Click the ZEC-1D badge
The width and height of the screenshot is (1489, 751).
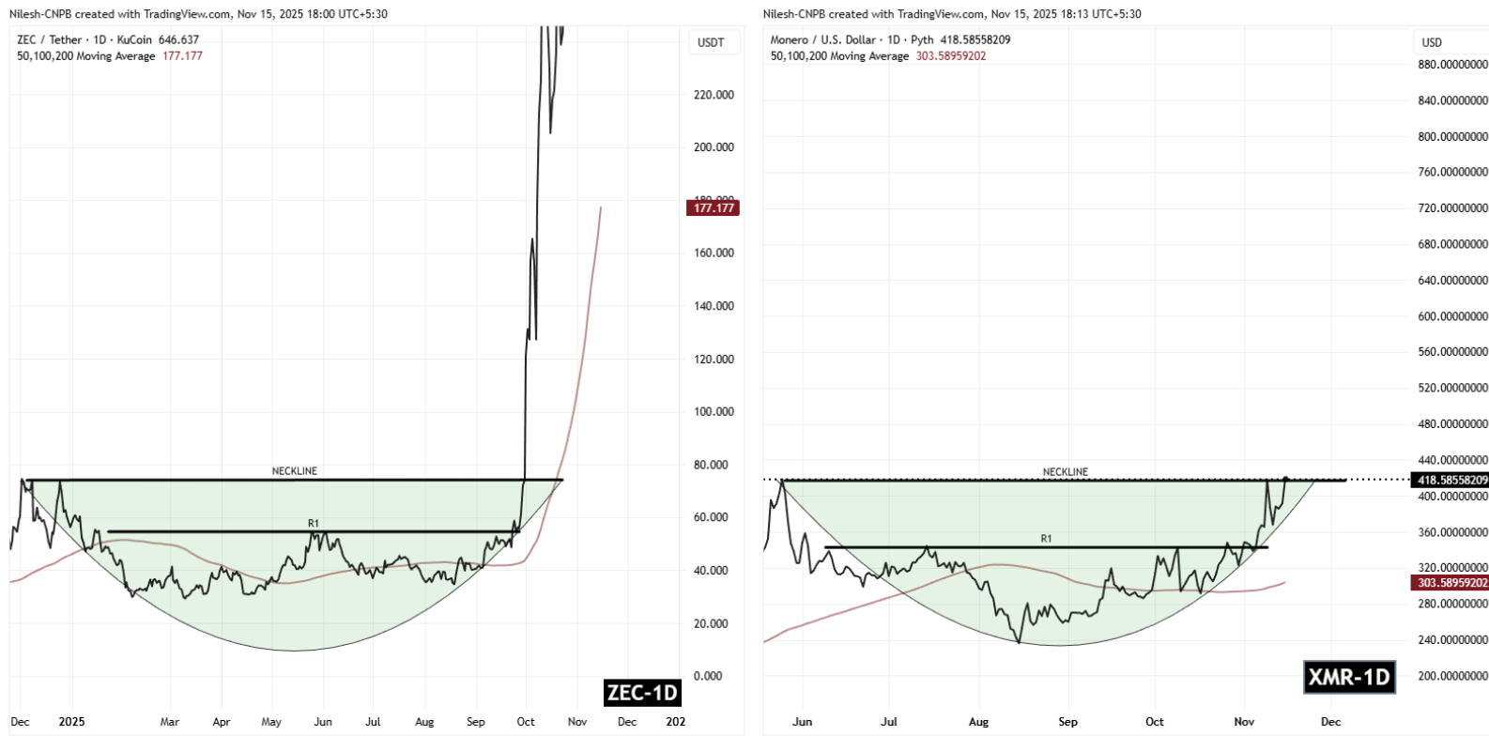click(642, 693)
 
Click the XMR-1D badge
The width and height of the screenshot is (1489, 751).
click(1349, 677)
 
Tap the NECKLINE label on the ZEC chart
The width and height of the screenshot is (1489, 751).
click(295, 471)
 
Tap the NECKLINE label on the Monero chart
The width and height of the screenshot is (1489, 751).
click(1066, 472)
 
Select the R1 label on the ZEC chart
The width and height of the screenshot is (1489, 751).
click(314, 524)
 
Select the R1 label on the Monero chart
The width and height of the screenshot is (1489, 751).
click(1046, 539)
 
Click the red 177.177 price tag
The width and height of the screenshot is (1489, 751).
click(714, 207)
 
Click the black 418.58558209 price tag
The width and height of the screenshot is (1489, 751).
click(1451, 480)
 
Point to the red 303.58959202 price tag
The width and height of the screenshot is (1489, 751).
click(1451, 583)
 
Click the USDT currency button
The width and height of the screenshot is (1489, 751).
click(711, 42)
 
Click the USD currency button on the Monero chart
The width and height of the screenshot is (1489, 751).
click(1432, 42)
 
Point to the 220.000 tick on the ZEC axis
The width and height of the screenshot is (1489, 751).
click(714, 95)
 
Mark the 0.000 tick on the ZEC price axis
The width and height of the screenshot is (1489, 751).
click(708, 676)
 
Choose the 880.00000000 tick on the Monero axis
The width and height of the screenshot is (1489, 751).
click(1452, 65)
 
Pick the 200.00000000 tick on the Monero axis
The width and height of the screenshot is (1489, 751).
click(1452, 676)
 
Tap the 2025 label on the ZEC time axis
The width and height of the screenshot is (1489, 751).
click(71, 722)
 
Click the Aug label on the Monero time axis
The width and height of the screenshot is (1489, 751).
click(978, 722)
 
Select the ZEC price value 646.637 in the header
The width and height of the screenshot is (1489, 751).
click(178, 40)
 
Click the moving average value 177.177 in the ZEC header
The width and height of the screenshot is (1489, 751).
click(182, 56)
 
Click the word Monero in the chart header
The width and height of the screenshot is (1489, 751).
click(789, 40)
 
